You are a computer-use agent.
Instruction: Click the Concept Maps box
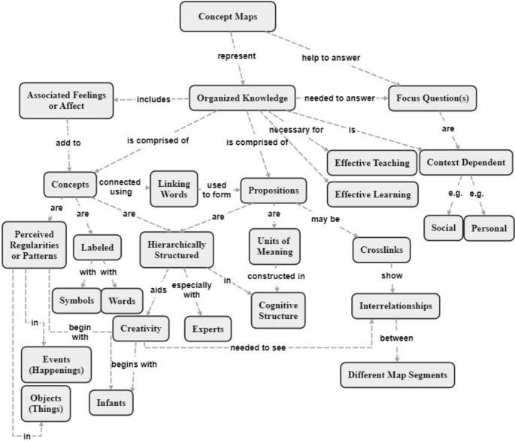pyautogui.click(x=228, y=17)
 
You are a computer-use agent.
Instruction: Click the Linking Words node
pyautogui.click(x=174, y=188)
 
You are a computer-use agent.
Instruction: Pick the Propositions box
pyautogui.click(x=274, y=188)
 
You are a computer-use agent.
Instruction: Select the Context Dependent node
pyautogui.click(x=459, y=162)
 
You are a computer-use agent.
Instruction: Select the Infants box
pyautogui.click(x=111, y=401)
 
